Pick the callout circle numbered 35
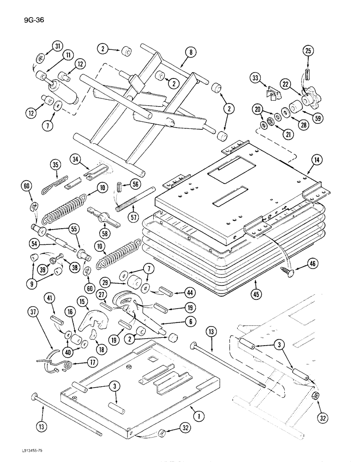pyautogui.click(x=56, y=165)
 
